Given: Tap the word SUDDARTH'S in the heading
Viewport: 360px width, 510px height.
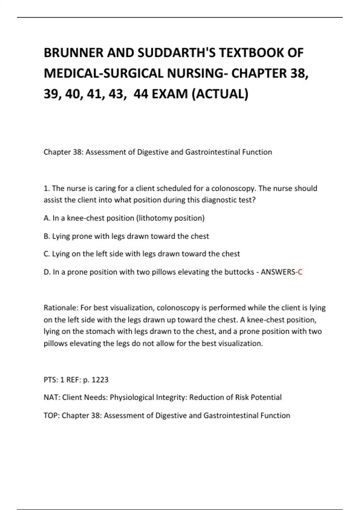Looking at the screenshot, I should (x=177, y=53).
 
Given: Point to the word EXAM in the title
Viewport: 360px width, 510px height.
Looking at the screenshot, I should (x=169, y=94).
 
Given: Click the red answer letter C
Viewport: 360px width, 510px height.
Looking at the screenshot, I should (x=300, y=272).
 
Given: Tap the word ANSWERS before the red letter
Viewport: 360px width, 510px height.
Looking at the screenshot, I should (x=278, y=272).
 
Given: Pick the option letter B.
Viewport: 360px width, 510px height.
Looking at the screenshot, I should (x=46, y=236).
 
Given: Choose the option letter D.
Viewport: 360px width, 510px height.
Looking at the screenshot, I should (x=47, y=272).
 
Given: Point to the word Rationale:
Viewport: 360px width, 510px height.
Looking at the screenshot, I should (x=61, y=308).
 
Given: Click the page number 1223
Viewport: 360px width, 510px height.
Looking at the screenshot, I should (x=100, y=380).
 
